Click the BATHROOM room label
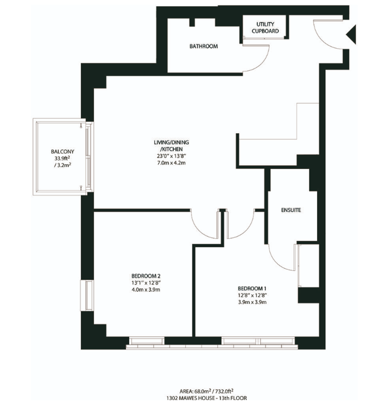[x=203, y=46]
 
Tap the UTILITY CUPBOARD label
[x=265, y=28]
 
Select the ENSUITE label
[x=291, y=210]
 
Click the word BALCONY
[x=62, y=152]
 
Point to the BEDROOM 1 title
[x=252, y=288]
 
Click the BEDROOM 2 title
[x=146, y=276]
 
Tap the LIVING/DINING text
[x=171, y=143]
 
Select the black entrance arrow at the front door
[x=351, y=34]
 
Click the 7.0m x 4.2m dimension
[x=171, y=163]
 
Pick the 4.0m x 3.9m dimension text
[x=146, y=289]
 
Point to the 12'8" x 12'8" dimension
[x=252, y=295]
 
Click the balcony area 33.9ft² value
[x=62, y=158]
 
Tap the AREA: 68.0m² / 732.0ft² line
[x=206, y=391]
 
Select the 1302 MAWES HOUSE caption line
[x=206, y=398]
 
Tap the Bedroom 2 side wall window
[x=87, y=295]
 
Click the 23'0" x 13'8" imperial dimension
[x=171, y=156]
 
